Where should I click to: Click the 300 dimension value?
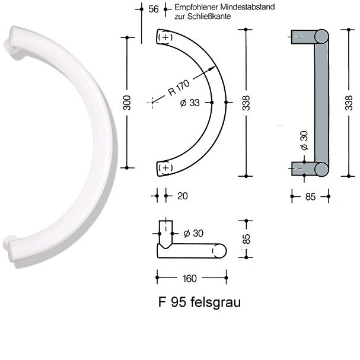pos(127,103)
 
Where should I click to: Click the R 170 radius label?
pos(179,88)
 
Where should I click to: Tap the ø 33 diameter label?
pos(190,103)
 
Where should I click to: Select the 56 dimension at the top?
pos(154,9)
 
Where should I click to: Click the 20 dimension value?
pos(183,196)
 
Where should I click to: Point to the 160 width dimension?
pos(190,279)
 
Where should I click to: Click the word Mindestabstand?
pos(247,7)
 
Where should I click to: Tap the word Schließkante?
pos(209,17)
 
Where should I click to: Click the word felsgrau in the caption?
pos(216,302)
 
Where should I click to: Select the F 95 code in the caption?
pos(172,302)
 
